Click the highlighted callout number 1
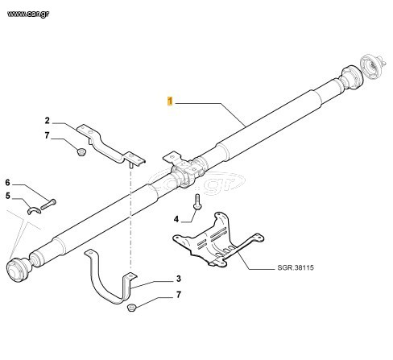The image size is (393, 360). click(170, 101)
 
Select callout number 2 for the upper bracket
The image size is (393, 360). click(48, 121)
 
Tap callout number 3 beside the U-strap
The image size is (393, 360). click(179, 279)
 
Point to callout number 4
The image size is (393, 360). click(176, 219)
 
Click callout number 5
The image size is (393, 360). click(8, 196)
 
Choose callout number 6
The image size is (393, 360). click(8, 183)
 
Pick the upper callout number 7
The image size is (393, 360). click(47, 135)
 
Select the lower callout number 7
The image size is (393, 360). click(179, 295)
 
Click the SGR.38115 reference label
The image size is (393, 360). click(296, 267)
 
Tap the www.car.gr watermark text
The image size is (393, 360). click(28, 14)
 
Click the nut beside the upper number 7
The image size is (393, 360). click(81, 151)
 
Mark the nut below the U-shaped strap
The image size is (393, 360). click(131, 308)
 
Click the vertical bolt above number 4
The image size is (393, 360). click(197, 201)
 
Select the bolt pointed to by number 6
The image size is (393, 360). click(48, 205)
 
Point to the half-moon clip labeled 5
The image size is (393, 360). click(34, 211)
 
